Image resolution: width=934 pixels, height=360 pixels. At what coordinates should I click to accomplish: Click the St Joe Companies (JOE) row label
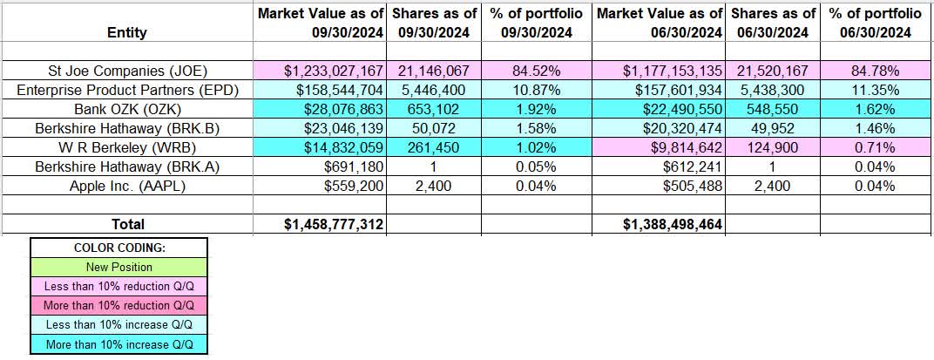click(x=127, y=70)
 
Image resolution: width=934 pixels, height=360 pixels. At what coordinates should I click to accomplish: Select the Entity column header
click(x=127, y=32)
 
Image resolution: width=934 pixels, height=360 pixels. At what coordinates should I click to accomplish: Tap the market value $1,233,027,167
click(x=320, y=70)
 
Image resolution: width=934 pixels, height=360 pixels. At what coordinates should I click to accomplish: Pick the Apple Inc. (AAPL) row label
click(x=127, y=185)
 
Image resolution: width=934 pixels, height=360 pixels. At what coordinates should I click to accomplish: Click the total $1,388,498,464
click(x=673, y=224)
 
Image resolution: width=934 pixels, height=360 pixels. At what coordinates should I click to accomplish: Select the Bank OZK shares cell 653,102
click(x=433, y=108)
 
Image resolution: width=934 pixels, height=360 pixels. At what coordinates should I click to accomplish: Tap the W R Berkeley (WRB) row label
click(x=127, y=146)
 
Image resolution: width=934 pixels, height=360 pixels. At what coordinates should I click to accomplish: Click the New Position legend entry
click(x=119, y=267)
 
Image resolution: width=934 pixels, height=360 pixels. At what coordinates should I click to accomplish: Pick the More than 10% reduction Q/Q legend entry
click(x=119, y=306)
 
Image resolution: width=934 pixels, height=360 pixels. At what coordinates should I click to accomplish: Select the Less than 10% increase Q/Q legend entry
click(x=119, y=325)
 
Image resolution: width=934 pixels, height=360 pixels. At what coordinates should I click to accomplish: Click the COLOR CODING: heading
click(x=119, y=248)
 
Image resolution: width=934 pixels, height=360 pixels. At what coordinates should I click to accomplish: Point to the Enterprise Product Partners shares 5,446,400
click(x=433, y=89)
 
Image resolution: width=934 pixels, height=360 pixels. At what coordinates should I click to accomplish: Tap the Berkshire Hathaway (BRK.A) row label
click(x=127, y=166)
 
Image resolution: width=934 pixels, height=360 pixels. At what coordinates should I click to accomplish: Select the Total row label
click(x=127, y=224)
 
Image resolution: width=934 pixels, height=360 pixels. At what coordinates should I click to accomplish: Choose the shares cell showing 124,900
click(x=773, y=146)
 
